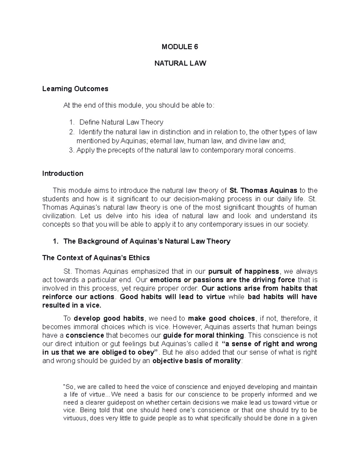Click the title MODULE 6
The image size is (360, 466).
coord(180,47)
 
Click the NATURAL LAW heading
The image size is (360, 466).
coord(180,63)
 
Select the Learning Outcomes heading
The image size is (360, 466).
coord(75,89)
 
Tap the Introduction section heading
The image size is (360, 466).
coord(63,173)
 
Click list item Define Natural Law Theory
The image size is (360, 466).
coord(121,122)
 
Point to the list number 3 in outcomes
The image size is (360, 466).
coord(71,150)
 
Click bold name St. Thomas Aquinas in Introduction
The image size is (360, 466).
coord(263,191)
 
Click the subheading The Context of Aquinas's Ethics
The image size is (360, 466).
coord(96,258)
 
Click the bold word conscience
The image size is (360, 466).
coord(85,335)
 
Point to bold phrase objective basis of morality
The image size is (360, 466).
coord(196,361)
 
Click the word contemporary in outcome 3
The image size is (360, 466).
coord(222,150)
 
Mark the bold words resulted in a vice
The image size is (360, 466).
coord(72,306)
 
